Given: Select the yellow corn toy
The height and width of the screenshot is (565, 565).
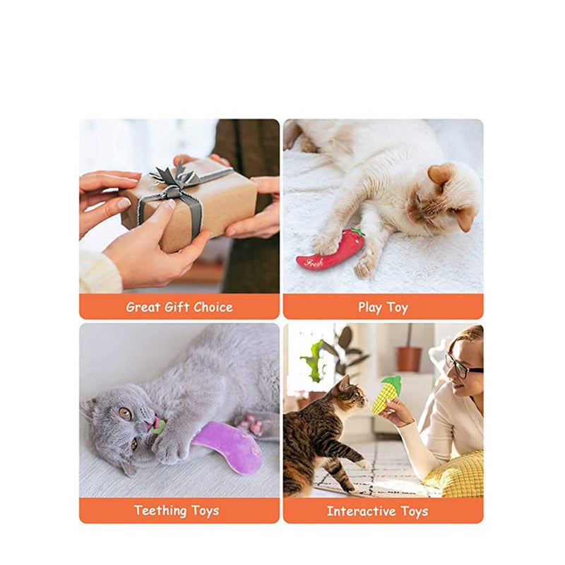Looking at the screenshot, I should tap(386, 395).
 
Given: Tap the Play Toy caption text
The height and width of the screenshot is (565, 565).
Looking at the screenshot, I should tap(383, 307).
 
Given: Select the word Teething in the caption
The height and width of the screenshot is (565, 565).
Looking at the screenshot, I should tap(162, 511).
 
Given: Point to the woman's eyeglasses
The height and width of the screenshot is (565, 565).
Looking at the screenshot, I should tap(462, 367).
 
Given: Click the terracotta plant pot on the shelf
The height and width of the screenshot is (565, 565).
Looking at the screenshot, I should tap(408, 358).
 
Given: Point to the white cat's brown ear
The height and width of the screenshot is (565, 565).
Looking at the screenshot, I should tap(441, 174).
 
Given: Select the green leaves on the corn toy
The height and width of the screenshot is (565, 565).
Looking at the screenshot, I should tap(393, 383).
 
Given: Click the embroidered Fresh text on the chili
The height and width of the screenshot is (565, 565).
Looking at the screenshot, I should tap(315, 262).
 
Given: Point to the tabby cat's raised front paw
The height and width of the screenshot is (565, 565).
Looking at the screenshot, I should tap(360, 463).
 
